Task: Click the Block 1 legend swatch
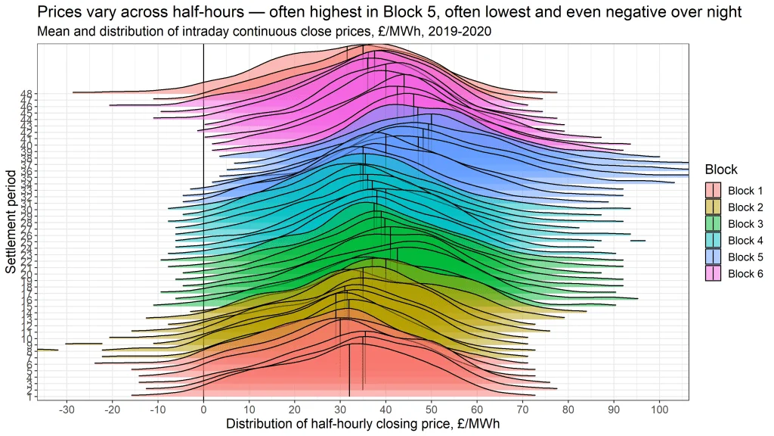pos(713,190)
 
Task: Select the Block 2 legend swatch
pos(713,207)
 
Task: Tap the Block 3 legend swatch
pos(713,223)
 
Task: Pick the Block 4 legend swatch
pos(713,240)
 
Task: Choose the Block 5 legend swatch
pos(713,257)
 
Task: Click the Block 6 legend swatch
pos(713,273)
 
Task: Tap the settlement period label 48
pos(26,94)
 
